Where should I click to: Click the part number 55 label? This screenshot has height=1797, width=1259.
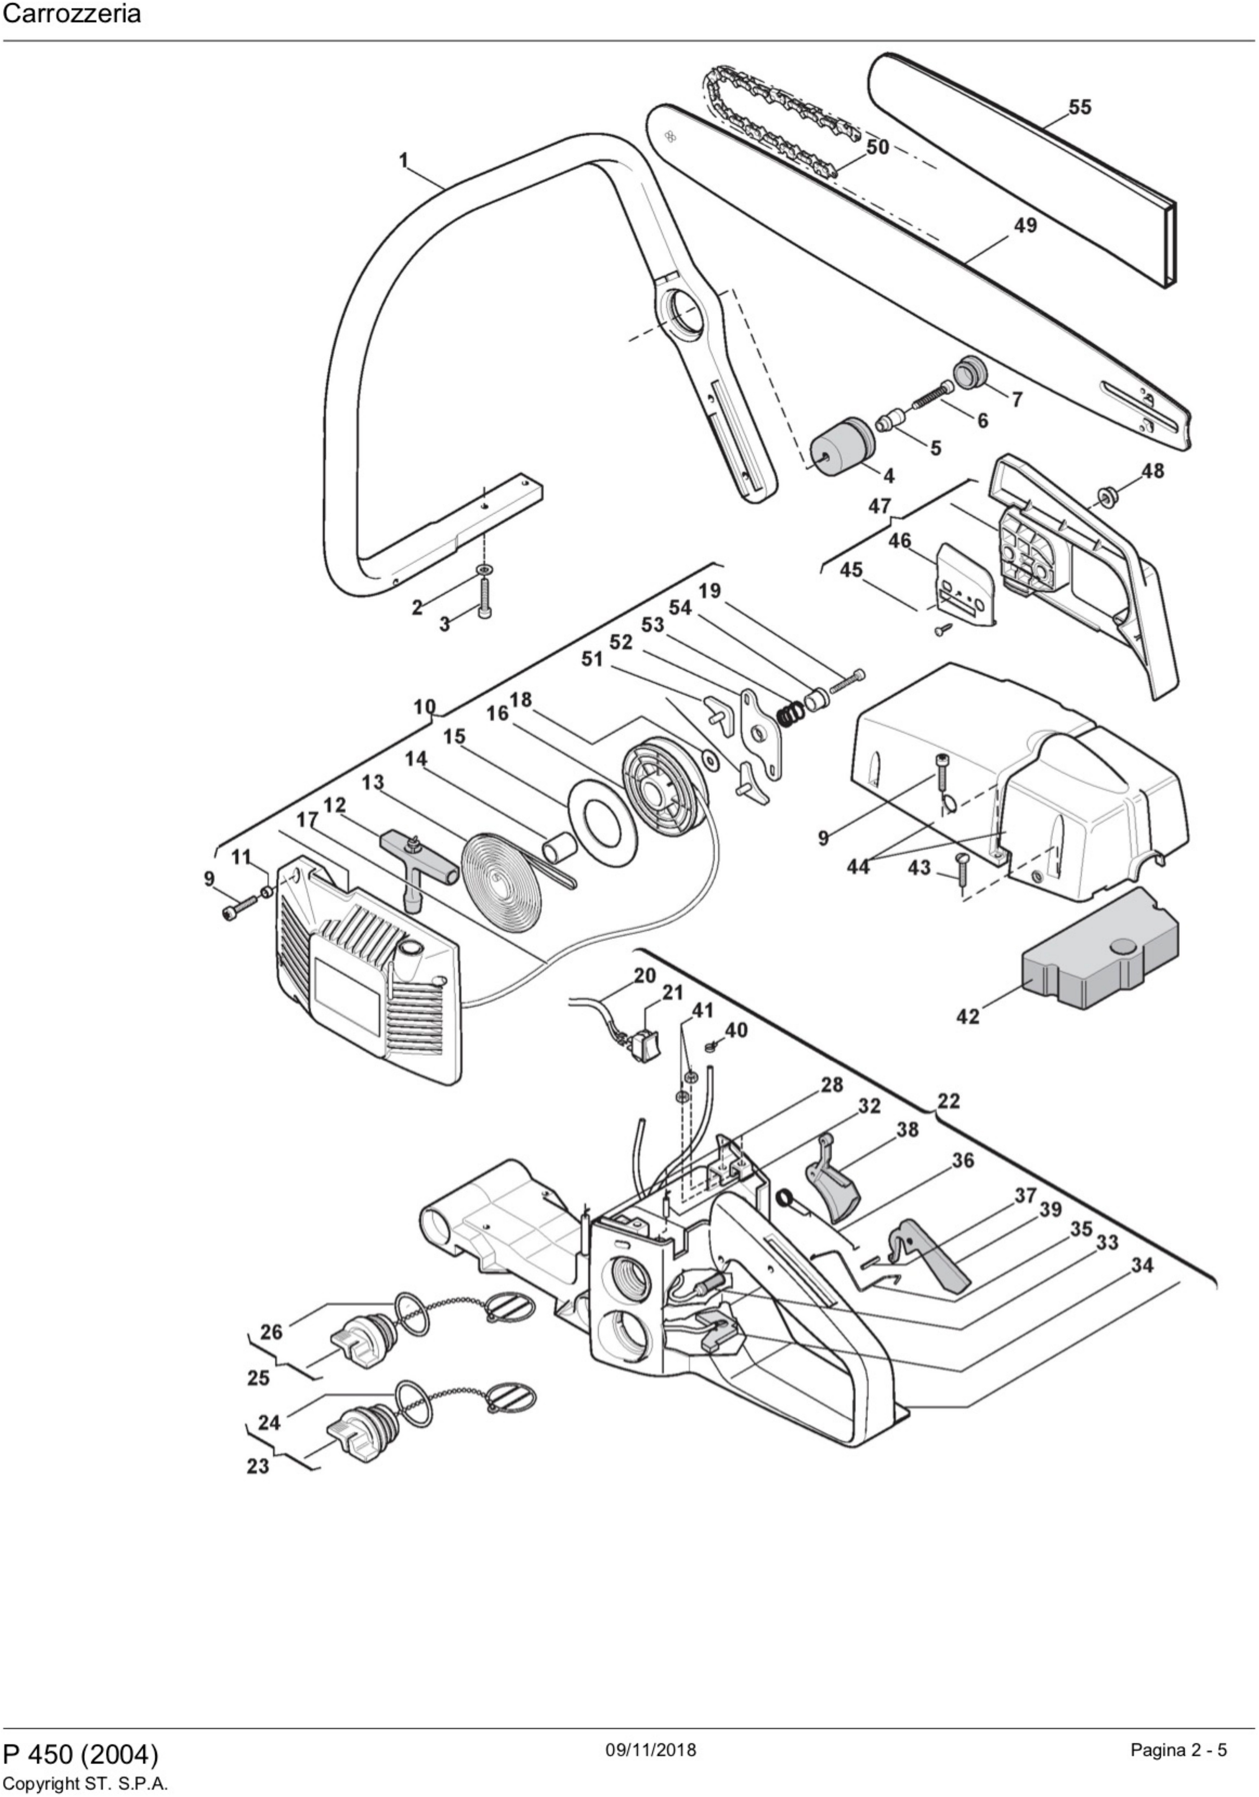1080,106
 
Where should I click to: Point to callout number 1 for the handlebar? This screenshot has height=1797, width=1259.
404,161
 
